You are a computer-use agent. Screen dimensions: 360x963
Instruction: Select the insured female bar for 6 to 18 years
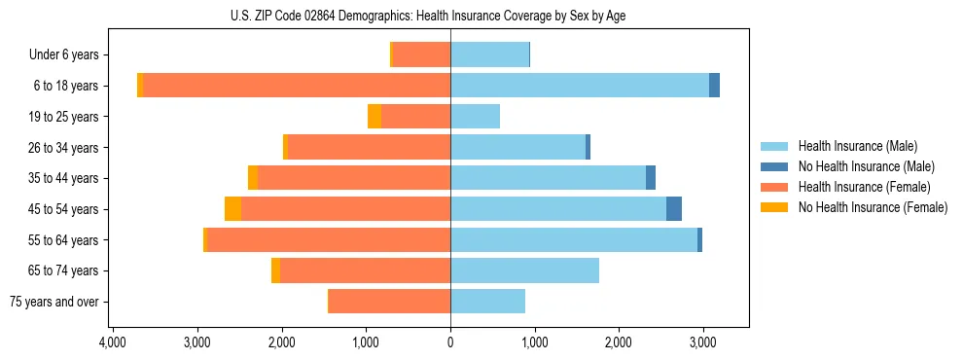[x=297, y=86]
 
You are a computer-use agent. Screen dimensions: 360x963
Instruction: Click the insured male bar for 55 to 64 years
[x=574, y=240]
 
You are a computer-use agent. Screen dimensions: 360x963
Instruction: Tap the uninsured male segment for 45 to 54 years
[x=674, y=209]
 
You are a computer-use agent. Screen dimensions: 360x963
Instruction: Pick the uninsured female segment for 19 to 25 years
[x=374, y=117]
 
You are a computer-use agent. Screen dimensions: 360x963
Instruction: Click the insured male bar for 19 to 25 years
[x=475, y=117]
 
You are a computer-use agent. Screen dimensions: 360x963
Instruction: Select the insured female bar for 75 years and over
[x=389, y=302]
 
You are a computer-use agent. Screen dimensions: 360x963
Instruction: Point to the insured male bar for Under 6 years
[x=489, y=54]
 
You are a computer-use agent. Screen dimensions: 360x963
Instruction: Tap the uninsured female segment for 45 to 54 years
[x=232, y=209]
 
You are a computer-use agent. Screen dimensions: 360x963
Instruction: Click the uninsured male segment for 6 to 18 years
[x=714, y=86]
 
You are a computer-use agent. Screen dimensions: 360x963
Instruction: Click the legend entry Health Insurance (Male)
[x=856, y=146]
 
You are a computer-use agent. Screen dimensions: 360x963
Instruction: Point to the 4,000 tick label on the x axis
[x=113, y=343]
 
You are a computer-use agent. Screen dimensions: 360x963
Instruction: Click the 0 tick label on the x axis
[x=450, y=343]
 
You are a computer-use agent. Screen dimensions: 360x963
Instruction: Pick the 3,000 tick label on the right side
[x=703, y=343]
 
